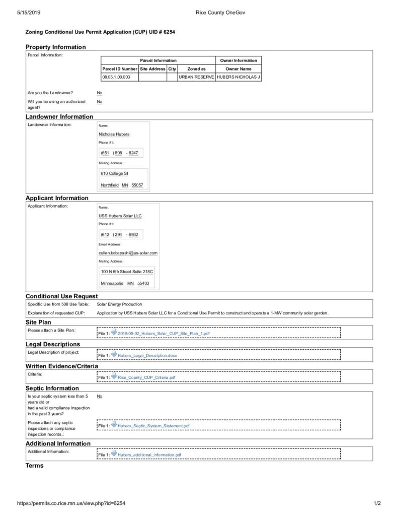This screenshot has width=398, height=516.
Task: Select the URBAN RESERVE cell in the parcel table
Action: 196,77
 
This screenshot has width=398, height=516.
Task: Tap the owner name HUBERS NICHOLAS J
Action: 238,77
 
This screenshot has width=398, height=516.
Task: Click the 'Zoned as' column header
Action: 196,69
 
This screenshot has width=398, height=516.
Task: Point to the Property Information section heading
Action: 56,47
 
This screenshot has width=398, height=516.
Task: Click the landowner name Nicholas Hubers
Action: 114,135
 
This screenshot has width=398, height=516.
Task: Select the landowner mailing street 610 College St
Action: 115,173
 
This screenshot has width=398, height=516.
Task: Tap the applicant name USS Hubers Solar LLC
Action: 120,216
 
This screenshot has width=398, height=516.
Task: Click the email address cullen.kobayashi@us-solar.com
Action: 128,252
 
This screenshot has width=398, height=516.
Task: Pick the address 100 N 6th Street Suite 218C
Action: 127,271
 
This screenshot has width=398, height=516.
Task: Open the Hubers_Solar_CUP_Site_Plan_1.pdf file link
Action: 163,334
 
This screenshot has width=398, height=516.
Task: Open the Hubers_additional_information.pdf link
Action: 149,455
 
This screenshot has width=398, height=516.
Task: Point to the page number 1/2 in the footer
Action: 377,503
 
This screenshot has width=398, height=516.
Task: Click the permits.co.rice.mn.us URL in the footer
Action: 71,503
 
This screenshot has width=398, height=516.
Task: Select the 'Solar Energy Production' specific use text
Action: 119,304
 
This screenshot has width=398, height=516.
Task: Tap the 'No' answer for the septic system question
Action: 99,397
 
